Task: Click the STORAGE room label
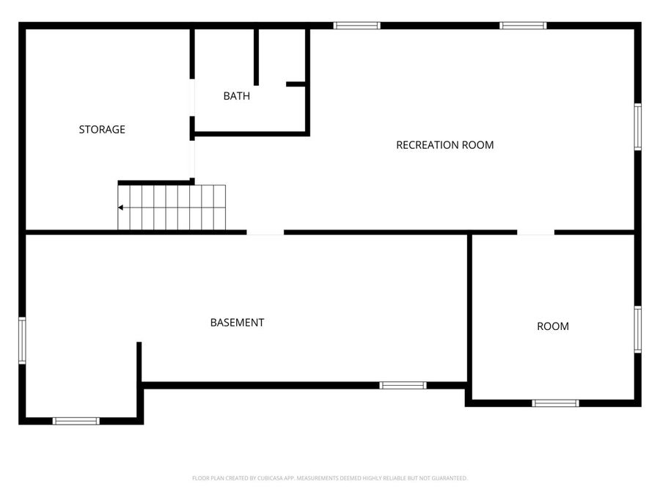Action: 102,130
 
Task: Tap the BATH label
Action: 236,96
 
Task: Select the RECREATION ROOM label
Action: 444,145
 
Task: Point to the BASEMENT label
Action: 237,323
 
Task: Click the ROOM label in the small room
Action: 552,326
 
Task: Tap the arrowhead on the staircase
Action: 120,208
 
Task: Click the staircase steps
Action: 172,208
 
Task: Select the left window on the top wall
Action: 356,26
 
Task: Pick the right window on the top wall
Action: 523,26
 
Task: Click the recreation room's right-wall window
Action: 637,127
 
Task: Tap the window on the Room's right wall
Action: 637,329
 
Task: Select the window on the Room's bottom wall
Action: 555,403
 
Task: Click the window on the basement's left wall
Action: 22,340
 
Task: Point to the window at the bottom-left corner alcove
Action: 76,421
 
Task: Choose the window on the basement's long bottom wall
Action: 403,385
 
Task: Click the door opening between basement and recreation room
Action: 265,232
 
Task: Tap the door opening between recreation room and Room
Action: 535,232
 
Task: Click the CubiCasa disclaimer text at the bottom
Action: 329,478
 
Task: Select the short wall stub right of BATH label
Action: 296,84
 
